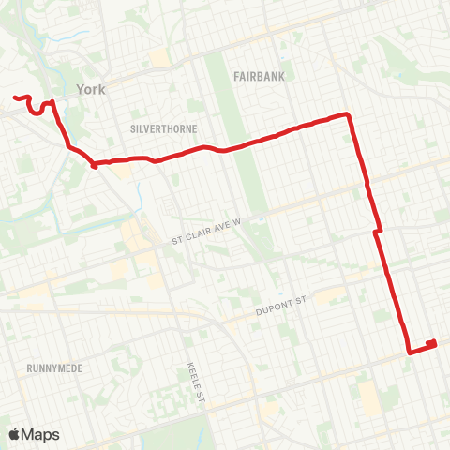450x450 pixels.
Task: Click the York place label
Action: pyautogui.click(x=93, y=89)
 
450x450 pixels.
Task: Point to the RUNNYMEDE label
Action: pyautogui.click(x=54, y=368)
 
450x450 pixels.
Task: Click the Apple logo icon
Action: pyautogui.click(x=15, y=434)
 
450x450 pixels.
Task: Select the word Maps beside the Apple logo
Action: pyautogui.click(x=41, y=434)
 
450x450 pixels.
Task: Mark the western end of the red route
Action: pyautogui.click(x=15, y=97)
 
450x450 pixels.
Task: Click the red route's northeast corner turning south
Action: pyautogui.click(x=348, y=114)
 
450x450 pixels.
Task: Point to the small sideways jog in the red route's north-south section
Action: pyautogui.click(x=377, y=231)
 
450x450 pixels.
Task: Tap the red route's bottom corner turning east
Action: pyautogui.click(x=409, y=352)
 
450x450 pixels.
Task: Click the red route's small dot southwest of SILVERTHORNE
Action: pyautogui.click(x=95, y=166)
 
